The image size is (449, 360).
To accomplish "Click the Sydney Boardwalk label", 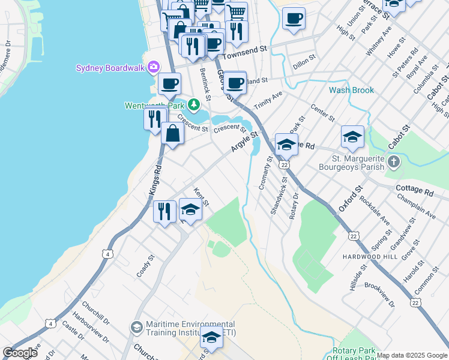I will click(x=110, y=68).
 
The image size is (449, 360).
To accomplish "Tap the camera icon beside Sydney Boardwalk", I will click(x=154, y=67).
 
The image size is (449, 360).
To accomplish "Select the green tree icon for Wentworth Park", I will click(x=193, y=105).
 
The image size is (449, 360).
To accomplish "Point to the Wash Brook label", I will click(x=351, y=91).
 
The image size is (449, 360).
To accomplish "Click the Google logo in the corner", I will click(x=20, y=353).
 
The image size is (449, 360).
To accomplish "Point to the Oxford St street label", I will click(x=351, y=198).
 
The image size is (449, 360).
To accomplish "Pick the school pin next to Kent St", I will click(x=191, y=211).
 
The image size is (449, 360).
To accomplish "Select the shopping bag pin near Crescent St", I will click(x=173, y=133).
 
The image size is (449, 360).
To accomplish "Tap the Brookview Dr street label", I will click(x=379, y=295).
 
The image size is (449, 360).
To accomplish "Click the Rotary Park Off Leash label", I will click(x=354, y=354).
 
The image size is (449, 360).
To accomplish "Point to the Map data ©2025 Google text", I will click(x=412, y=355).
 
